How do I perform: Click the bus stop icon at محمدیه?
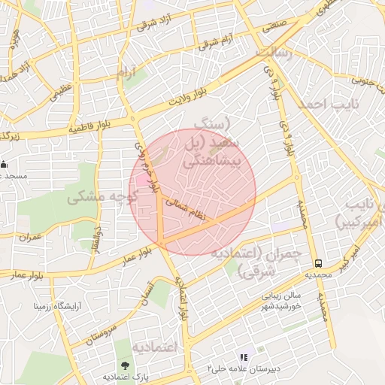(319, 264)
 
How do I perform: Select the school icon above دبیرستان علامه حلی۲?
(243, 357)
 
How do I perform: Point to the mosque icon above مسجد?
(5, 164)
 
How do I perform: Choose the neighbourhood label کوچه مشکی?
(100, 197)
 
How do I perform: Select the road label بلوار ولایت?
(186, 97)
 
